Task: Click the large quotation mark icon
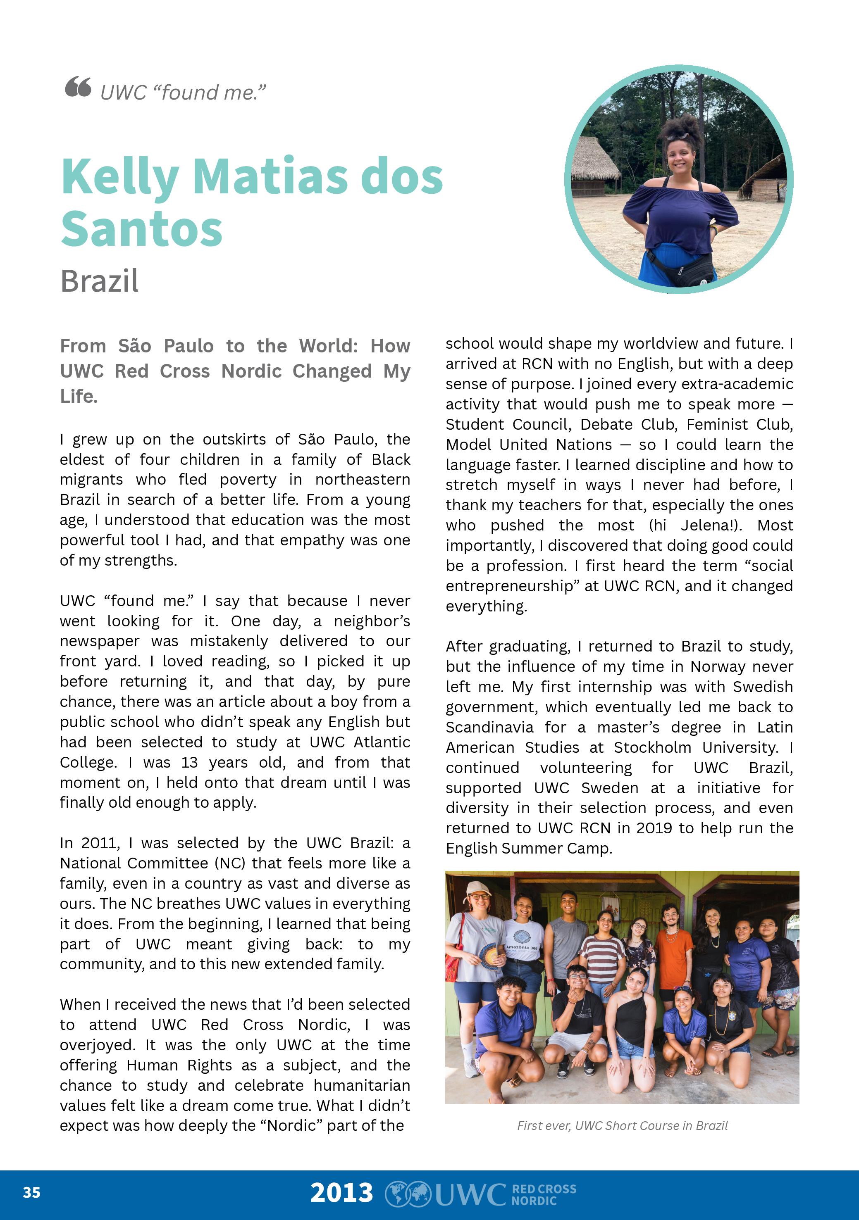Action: coord(78,87)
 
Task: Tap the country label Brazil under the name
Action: coord(99,281)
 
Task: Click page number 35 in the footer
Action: coord(31,1192)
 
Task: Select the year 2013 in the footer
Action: coord(342,1192)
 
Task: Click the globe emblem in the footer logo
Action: coord(408,1194)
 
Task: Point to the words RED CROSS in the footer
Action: coord(544,1189)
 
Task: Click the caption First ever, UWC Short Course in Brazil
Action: coord(622,1125)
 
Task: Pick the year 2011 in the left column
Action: coord(100,843)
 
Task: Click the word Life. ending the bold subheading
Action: coord(79,396)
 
